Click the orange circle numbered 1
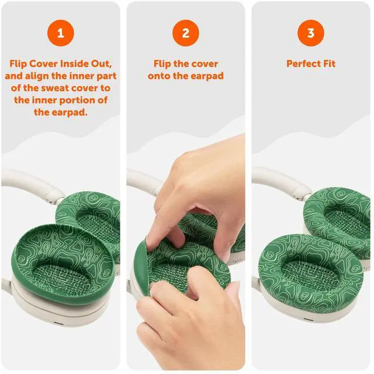[x=61, y=33]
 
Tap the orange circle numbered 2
[x=186, y=33]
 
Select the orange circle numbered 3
[x=311, y=33]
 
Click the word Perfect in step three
[x=303, y=64]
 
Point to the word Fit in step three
[x=330, y=64]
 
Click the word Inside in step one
[x=74, y=64]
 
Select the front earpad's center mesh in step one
[x=61, y=276]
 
